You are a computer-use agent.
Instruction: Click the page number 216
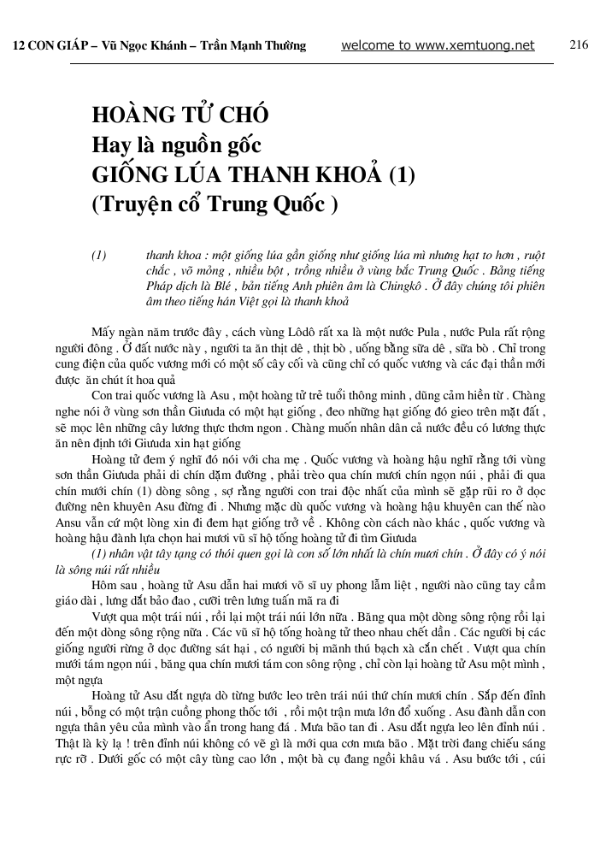coord(578,44)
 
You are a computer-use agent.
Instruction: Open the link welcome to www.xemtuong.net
coord(438,45)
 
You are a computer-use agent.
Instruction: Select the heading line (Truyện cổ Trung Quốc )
coord(215,204)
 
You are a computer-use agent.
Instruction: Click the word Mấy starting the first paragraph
coord(103,331)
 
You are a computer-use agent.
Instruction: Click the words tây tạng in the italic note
coord(182,553)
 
